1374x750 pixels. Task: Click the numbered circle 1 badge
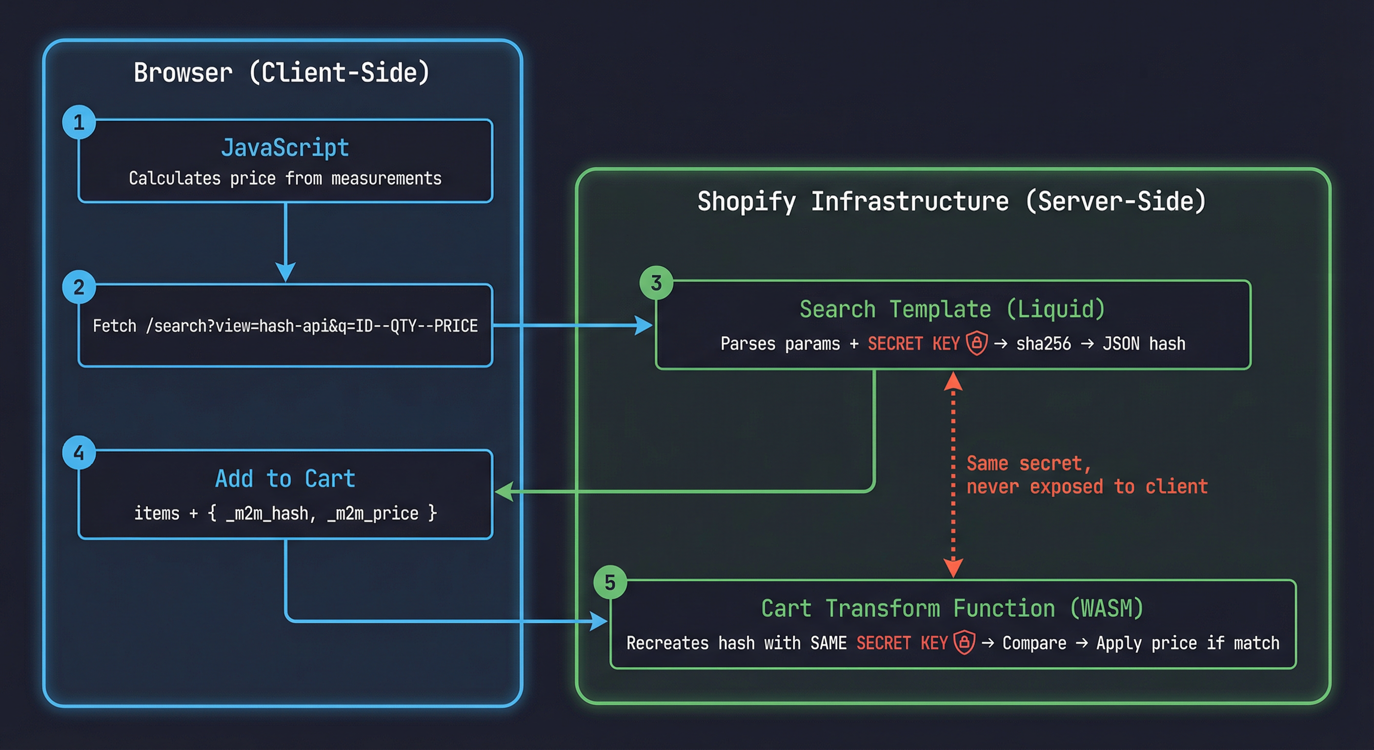tap(79, 122)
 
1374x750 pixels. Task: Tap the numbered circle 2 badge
tap(79, 287)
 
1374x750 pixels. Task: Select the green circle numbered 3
tap(656, 283)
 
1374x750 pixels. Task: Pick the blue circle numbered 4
tap(79, 453)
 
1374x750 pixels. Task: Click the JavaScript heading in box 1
tap(285, 147)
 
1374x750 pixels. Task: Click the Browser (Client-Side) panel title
tap(281, 73)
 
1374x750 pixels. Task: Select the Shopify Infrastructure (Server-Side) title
tap(951, 201)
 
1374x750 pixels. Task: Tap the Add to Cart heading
tap(285, 479)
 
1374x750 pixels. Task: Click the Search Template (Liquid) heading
tap(952, 309)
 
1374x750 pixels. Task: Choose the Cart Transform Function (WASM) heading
tap(952, 608)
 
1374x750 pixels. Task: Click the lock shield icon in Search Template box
tap(977, 343)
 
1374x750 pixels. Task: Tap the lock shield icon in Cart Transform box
tap(964, 642)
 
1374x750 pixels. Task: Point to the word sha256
tap(1043, 344)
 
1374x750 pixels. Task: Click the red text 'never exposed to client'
tap(1087, 486)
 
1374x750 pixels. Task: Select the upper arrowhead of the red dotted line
tap(953, 381)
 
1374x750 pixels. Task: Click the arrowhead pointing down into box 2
tap(285, 271)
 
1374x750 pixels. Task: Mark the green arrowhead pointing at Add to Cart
tap(504, 491)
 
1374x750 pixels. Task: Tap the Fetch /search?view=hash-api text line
tap(285, 326)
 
